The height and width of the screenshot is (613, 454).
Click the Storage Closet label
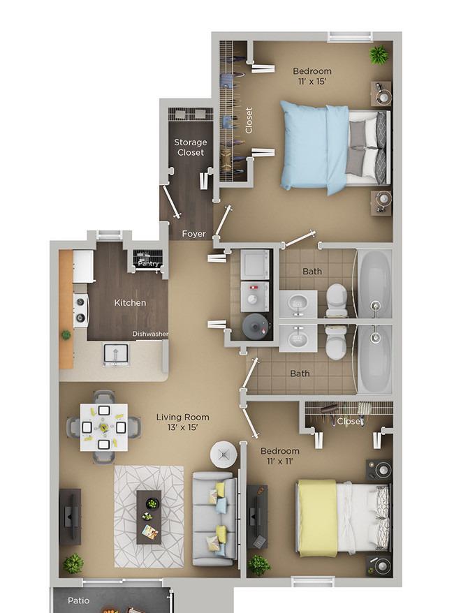click(190, 147)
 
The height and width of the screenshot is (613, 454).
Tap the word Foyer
click(193, 234)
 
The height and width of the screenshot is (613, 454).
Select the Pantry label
click(148, 264)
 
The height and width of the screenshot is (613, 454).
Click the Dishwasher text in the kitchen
click(150, 334)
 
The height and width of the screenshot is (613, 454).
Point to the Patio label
click(78, 600)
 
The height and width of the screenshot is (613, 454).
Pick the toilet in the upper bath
click(337, 298)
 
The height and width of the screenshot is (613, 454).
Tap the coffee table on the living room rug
click(149, 516)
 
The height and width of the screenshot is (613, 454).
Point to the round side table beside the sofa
click(224, 455)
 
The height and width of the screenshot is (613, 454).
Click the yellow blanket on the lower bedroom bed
click(316, 517)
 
